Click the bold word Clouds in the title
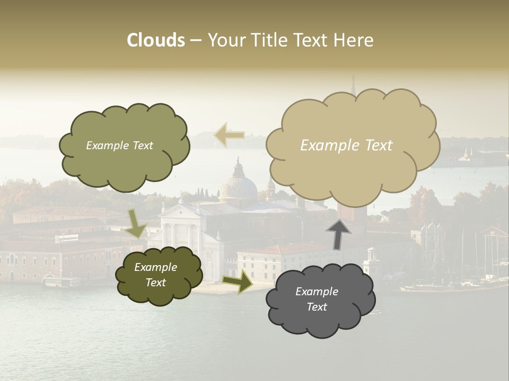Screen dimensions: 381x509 tap(156, 40)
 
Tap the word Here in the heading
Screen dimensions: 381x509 tap(355, 40)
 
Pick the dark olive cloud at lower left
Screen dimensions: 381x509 tap(159, 275)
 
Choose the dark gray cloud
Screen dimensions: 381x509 tap(320, 300)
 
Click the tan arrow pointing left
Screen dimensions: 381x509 tap(229, 135)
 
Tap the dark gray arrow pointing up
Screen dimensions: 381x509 tap(338, 233)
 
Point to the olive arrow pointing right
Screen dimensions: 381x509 tap(238, 282)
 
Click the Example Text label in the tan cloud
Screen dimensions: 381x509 tap(346, 146)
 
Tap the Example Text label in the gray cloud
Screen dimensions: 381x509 tap(317, 299)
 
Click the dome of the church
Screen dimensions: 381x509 tap(238, 185)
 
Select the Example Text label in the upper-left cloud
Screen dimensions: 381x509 tap(119, 146)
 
